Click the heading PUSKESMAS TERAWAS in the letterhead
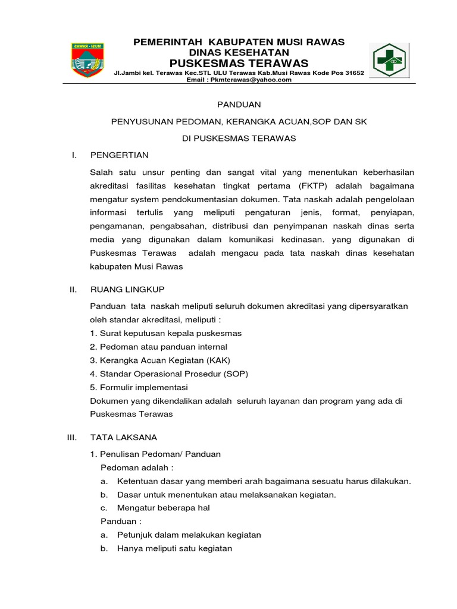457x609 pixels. tap(239, 63)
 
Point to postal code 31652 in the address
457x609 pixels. tap(353, 73)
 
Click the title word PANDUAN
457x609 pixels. tap(239, 105)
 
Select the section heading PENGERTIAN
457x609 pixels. tap(119, 155)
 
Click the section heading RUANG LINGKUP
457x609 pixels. tap(127, 289)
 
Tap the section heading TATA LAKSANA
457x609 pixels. tap(124, 437)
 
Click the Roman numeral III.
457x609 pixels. tap(72, 437)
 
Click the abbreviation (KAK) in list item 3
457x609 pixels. tap(218, 360)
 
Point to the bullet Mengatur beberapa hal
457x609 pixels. tap(164, 508)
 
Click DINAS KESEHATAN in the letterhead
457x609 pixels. tap(239, 52)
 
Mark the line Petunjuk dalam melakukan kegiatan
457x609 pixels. tap(189, 535)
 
